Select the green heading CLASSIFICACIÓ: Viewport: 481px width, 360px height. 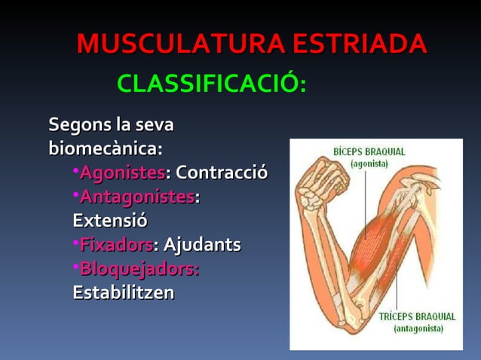click(211, 85)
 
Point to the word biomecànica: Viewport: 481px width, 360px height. click(106, 146)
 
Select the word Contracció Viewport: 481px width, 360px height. click(222, 173)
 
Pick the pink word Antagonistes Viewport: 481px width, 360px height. click(136, 197)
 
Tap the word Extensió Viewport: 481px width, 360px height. click(110, 221)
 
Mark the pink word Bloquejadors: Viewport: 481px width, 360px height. click(139, 269)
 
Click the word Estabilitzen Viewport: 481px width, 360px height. click(123, 292)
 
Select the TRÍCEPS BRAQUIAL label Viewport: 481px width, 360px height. click(417, 317)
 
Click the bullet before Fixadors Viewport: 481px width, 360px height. click(76, 244)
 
